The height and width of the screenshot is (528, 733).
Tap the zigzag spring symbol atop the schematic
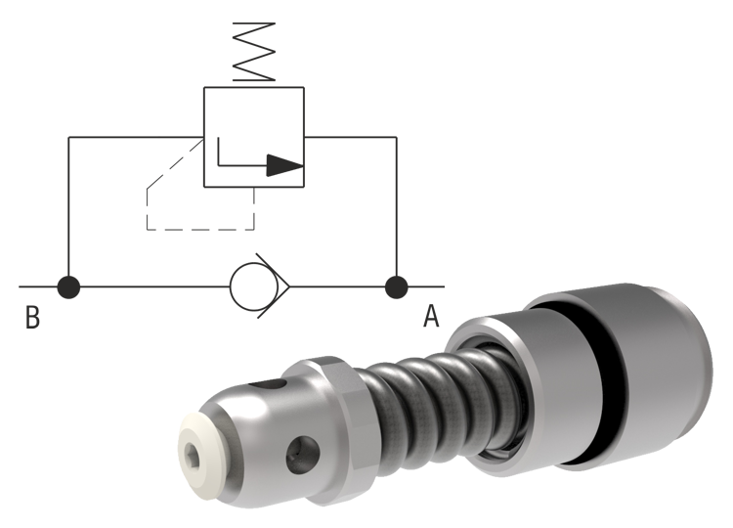point(256,51)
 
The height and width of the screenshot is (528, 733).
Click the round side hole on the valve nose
point(302,452)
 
